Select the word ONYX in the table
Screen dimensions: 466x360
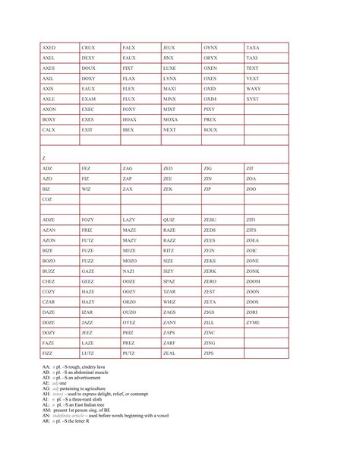[210, 48]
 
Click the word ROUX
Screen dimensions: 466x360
[210, 130]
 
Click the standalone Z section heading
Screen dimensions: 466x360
[44, 157]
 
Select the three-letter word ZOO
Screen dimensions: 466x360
[251, 188]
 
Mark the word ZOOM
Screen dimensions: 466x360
[253, 281]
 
